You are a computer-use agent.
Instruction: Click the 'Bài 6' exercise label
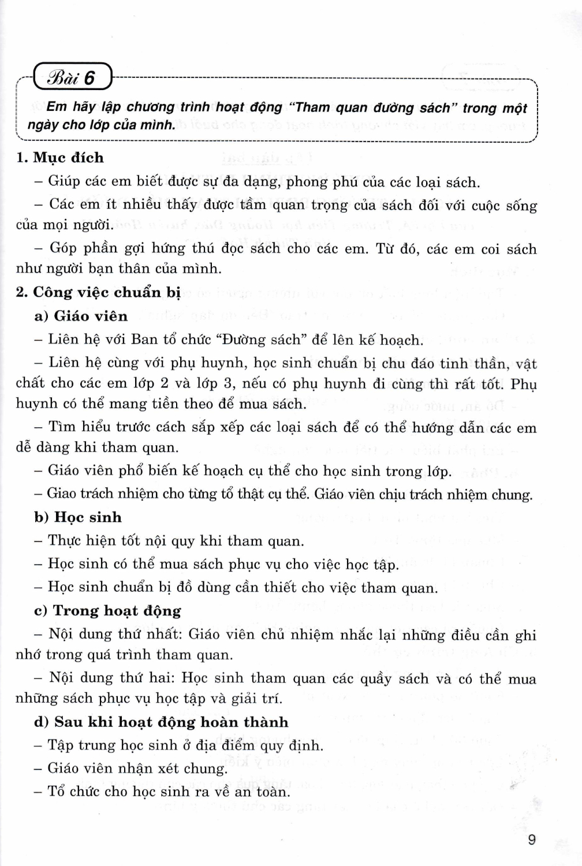point(73,77)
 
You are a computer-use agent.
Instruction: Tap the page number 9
point(532,839)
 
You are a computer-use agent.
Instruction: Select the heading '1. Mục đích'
point(60,158)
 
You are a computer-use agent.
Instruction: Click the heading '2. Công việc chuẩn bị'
point(98,292)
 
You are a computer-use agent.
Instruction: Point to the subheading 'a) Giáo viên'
point(81,316)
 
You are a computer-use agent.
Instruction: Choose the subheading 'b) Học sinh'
point(78,517)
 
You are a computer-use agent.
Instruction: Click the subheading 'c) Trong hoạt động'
point(107,611)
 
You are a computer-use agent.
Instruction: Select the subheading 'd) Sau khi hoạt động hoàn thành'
point(161,722)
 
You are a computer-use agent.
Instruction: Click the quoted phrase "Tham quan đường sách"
point(372,107)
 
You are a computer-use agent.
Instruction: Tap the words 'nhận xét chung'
point(176,768)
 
